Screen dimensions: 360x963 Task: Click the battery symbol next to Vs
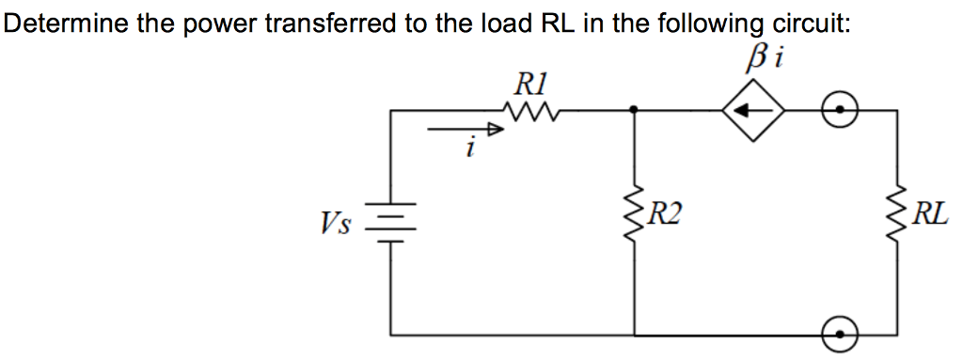point(392,222)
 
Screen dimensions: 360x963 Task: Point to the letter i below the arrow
point(470,149)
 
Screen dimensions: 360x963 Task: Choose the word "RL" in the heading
point(555,23)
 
